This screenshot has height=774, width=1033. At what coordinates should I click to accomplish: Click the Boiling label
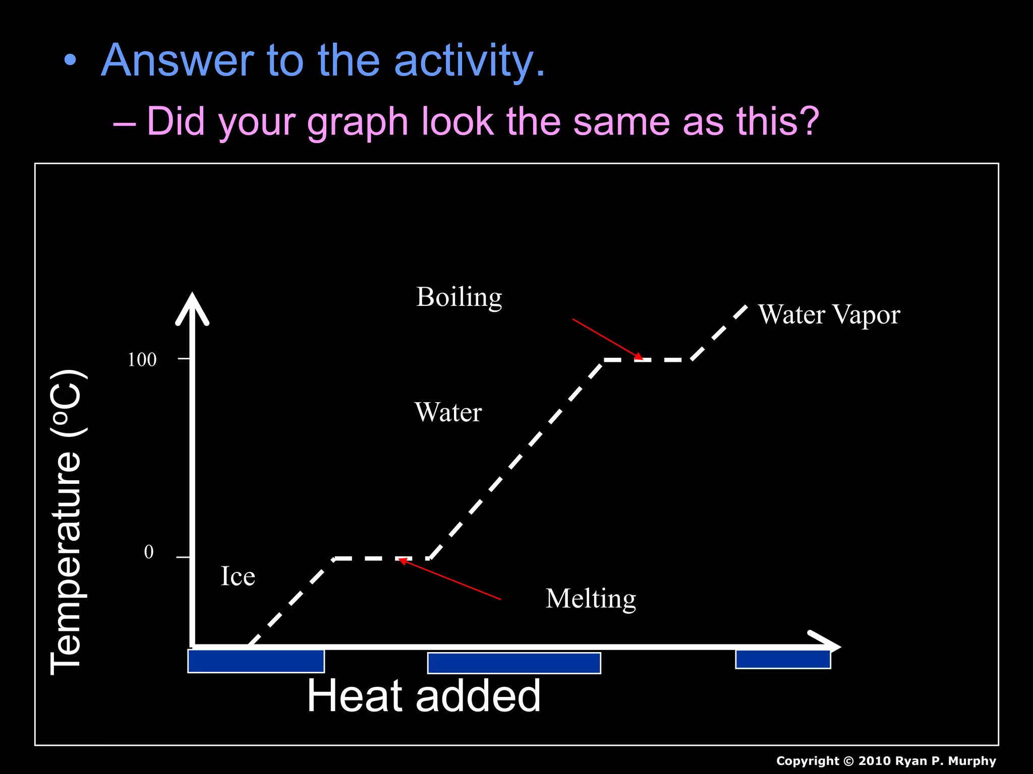coord(459,297)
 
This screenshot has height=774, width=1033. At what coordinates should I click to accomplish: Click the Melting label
coord(591,599)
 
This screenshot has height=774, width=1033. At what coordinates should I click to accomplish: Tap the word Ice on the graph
coord(238,576)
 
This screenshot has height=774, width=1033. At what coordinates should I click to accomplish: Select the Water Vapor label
coord(829,315)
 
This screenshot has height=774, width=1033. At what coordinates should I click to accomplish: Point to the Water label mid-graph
coord(448,412)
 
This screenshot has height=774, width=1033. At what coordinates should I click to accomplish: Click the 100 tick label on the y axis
coord(142,360)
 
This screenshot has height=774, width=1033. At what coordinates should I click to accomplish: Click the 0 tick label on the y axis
coord(149,552)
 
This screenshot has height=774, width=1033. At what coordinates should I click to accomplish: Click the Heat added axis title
coord(424,696)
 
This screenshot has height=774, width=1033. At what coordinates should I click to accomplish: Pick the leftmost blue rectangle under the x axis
coord(256,661)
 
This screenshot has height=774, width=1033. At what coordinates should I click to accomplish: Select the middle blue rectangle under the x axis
coord(514,663)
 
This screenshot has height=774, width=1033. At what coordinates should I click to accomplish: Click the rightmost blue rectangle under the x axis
coord(783,660)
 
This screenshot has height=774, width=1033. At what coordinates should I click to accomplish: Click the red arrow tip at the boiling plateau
coord(641,358)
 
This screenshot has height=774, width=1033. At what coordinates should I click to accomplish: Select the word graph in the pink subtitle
coord(357,122)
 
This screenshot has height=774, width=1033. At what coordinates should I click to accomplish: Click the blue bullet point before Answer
coord(71,61)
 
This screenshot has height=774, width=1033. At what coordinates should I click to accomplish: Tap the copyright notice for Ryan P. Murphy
coord(886,761)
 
